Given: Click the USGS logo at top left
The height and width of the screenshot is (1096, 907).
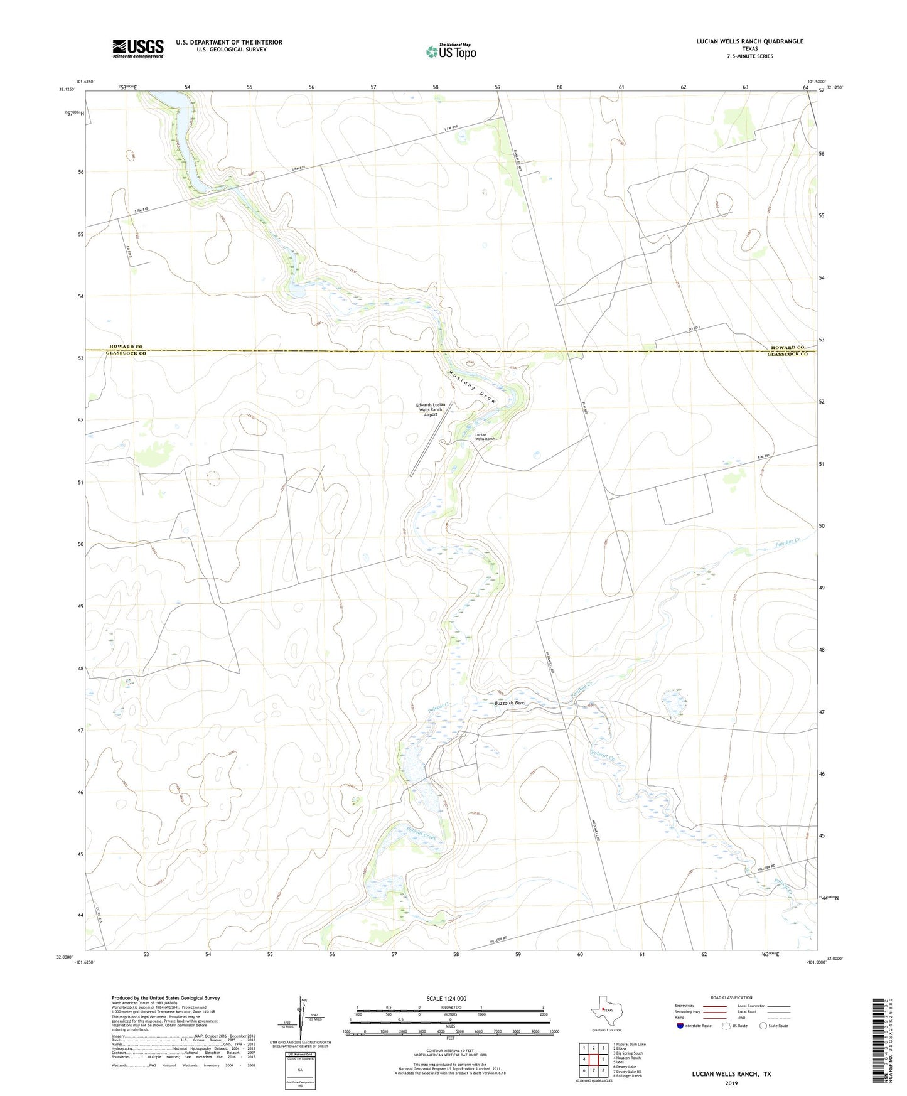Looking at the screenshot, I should coord(138,48).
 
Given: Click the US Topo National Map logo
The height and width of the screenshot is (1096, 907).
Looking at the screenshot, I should coord(451,51).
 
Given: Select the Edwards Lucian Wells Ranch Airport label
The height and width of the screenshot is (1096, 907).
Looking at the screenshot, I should coord(431,409).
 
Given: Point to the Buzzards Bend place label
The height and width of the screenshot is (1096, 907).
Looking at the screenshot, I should coord(510,703).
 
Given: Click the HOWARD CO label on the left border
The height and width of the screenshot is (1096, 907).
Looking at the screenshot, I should coord(126,347).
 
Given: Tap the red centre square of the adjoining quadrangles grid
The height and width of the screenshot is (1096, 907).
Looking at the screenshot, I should coord(593,1060).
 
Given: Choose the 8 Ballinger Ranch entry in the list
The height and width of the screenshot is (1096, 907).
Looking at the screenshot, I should coord(627,1076).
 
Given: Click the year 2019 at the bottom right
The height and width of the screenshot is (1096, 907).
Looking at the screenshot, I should coord(731,1083).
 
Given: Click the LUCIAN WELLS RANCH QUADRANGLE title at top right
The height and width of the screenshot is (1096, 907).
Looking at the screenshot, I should coord(749,41).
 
